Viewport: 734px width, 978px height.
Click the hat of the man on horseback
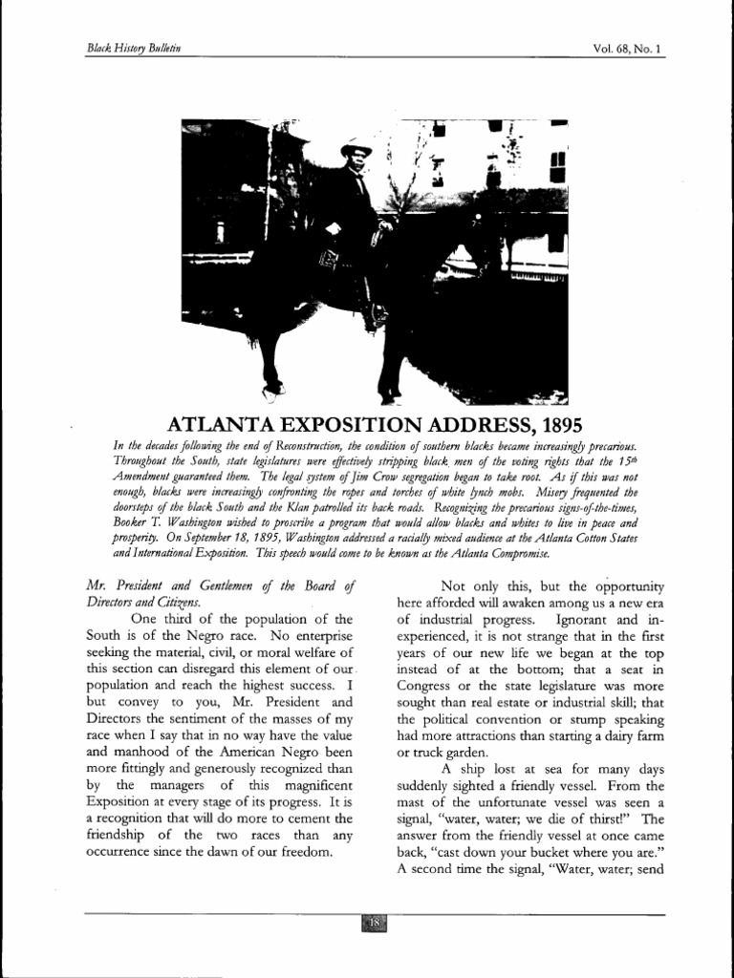[356, 149]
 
